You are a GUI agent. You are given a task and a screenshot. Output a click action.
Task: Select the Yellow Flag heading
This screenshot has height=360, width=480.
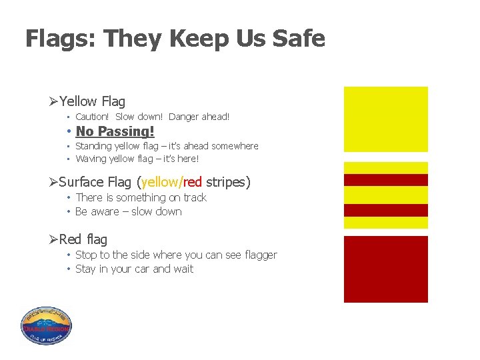point(92,101)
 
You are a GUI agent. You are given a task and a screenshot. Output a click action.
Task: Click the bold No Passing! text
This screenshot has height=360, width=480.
point(115,131)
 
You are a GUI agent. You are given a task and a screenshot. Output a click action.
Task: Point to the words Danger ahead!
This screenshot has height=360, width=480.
point(199,117)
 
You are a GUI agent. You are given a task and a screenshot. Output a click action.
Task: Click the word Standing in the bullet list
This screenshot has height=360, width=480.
point(93,146)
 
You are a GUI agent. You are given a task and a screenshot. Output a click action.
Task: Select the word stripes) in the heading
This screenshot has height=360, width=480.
point(228,182)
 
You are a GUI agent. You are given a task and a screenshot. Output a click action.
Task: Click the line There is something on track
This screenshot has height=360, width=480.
point(141,197)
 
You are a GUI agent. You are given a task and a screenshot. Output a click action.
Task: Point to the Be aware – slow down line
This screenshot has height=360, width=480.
point(129,211)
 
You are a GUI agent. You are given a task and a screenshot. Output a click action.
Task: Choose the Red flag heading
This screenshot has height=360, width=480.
point(83,239)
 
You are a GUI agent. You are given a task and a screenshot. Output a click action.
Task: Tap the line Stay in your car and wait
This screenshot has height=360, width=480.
point(135,269)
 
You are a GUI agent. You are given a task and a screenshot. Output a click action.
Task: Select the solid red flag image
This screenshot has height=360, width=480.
point(385,269)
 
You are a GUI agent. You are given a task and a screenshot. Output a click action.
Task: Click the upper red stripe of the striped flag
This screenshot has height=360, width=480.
point(385,180)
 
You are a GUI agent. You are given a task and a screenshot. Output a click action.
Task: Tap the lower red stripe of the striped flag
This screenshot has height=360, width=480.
point(385,210)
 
